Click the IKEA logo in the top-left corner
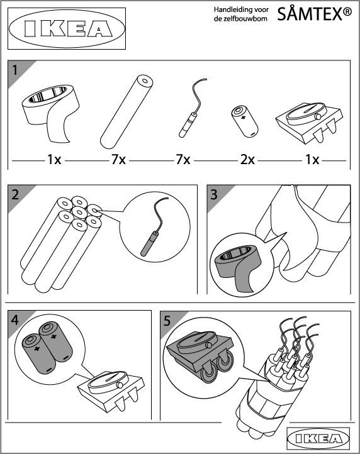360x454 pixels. [x=66, y=29]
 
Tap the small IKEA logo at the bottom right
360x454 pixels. [x=318, y=439]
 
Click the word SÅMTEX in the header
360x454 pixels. [x=310, y=14]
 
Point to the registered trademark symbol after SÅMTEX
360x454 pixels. [x=347, y=11]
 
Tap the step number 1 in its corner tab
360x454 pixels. [x=14, y=70]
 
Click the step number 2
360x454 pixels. [x=15, y=194]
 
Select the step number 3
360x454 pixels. [x=214, y=194]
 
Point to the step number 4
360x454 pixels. [x=15, y=319]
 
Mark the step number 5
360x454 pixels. [x=167, y=321]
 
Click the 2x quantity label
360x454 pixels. [x=247, y=160]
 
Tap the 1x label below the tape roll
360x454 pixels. [x=54, y=160]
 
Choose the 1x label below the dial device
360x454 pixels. [x=312, y=160]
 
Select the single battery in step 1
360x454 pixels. [x=245, y=121]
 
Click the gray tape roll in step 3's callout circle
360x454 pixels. [x=239, y=262]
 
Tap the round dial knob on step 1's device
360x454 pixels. [x=318, y=116]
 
